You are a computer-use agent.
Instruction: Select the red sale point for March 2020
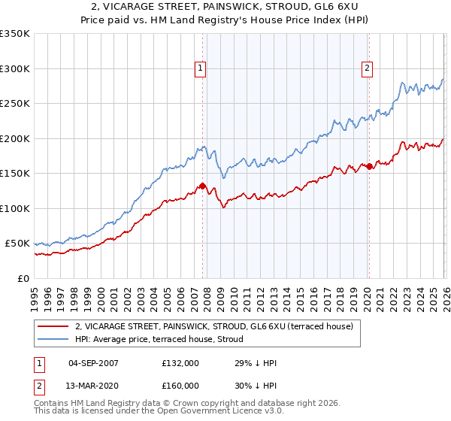point(369,166)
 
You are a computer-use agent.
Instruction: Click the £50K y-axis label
point(17,244)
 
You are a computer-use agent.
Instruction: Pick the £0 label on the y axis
point(23,278)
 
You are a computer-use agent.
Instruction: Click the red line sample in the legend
point(53,326)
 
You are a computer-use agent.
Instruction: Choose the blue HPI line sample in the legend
point(53,338)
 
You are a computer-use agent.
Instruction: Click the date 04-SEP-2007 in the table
point(93,363)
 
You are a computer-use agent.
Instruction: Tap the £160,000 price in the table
point(180,386)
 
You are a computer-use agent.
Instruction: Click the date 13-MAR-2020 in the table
point(93,386)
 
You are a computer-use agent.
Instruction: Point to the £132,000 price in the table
point(180,363)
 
